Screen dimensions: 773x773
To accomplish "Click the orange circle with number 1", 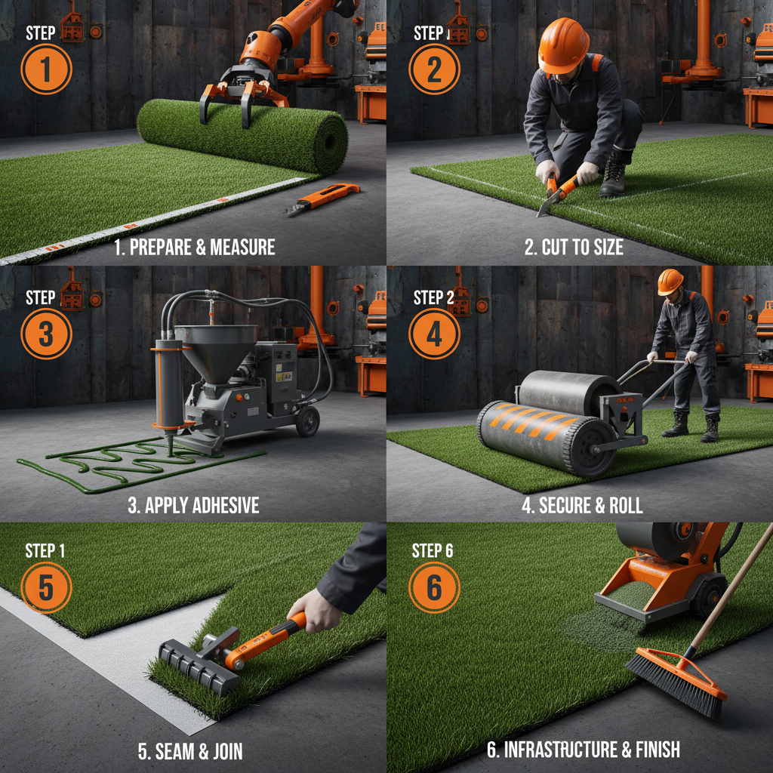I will pos(46,69).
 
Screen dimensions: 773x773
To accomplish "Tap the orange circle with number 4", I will pos(434,333).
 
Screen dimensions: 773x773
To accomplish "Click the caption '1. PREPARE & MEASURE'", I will pos(195,248).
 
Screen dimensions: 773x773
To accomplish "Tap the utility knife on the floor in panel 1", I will pos(323,199).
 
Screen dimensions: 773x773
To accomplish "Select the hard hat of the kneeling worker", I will pos(563,45).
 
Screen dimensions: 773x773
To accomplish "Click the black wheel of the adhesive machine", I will pos(307,421).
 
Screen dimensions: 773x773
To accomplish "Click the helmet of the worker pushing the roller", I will pos(670,282).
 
